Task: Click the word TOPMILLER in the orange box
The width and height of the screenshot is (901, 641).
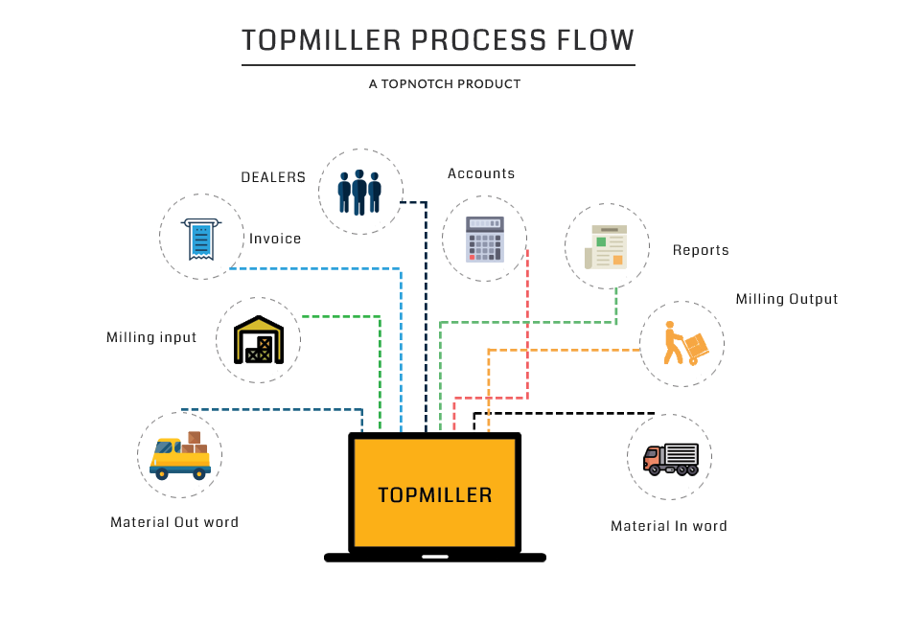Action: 434,495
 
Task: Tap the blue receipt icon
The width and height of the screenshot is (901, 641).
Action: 200,237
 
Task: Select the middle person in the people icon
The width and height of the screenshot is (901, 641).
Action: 359,192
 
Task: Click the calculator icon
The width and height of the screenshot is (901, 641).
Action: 484,239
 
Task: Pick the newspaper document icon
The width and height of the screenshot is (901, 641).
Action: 607,246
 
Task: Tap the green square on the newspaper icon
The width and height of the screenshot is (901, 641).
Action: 602,241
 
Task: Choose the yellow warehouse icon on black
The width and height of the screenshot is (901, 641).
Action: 259,339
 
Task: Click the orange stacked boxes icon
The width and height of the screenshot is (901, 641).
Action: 684,343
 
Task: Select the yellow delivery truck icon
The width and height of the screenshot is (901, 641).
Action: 180,456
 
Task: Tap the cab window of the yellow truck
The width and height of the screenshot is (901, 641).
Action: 167,447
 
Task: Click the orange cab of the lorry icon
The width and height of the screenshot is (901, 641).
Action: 653,458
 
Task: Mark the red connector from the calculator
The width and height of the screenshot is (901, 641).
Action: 527,326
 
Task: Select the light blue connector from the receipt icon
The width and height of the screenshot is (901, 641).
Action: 316,268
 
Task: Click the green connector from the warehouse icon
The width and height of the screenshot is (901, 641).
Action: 380,364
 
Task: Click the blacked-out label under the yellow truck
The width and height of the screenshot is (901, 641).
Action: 173,522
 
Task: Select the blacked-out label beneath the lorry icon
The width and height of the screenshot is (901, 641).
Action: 668,525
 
